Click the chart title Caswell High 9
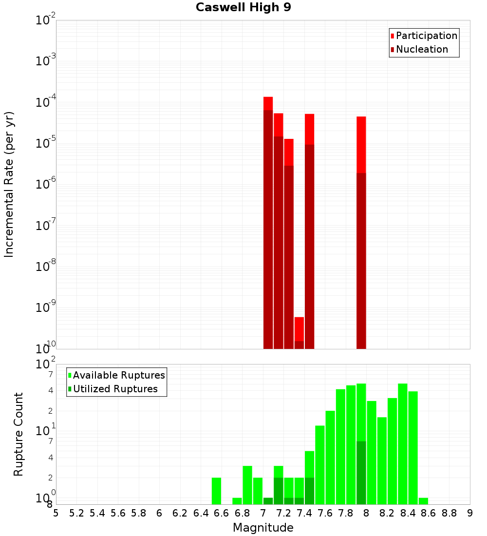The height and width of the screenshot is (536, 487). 243,8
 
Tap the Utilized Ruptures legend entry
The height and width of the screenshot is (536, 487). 115,389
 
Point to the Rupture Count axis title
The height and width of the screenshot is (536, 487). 19,434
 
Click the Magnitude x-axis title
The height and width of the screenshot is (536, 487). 263,528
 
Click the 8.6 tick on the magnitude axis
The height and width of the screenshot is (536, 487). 429,513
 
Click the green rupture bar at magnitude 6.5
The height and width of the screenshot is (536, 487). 216,491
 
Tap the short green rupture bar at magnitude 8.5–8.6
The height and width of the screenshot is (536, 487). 423,501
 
